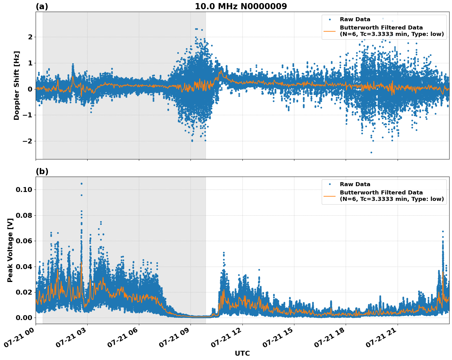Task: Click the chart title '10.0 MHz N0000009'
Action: tap(241, 6)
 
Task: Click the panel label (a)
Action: tap(42, 6)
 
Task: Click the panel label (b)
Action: tap(42, 171)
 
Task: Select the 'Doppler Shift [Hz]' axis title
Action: tap(17, 85)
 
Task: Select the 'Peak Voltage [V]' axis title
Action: tap(10, 250)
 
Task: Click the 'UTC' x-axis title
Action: tap(242, 353)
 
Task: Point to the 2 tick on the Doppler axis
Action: tap(30, 37)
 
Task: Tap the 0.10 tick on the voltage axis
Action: tap(24, 190)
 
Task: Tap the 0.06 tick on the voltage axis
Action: tap(24, 241)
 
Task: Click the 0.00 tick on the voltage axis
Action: tap(24, 318)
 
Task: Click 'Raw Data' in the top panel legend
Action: tap(355, 20)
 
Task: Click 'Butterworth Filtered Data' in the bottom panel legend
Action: tap(381, 193)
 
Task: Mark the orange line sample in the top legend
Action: tap(329, 31)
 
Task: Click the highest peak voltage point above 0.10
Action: tap(81, 184)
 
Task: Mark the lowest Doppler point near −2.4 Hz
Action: tap(371, 152)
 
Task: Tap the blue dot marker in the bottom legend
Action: tap(329, 184)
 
